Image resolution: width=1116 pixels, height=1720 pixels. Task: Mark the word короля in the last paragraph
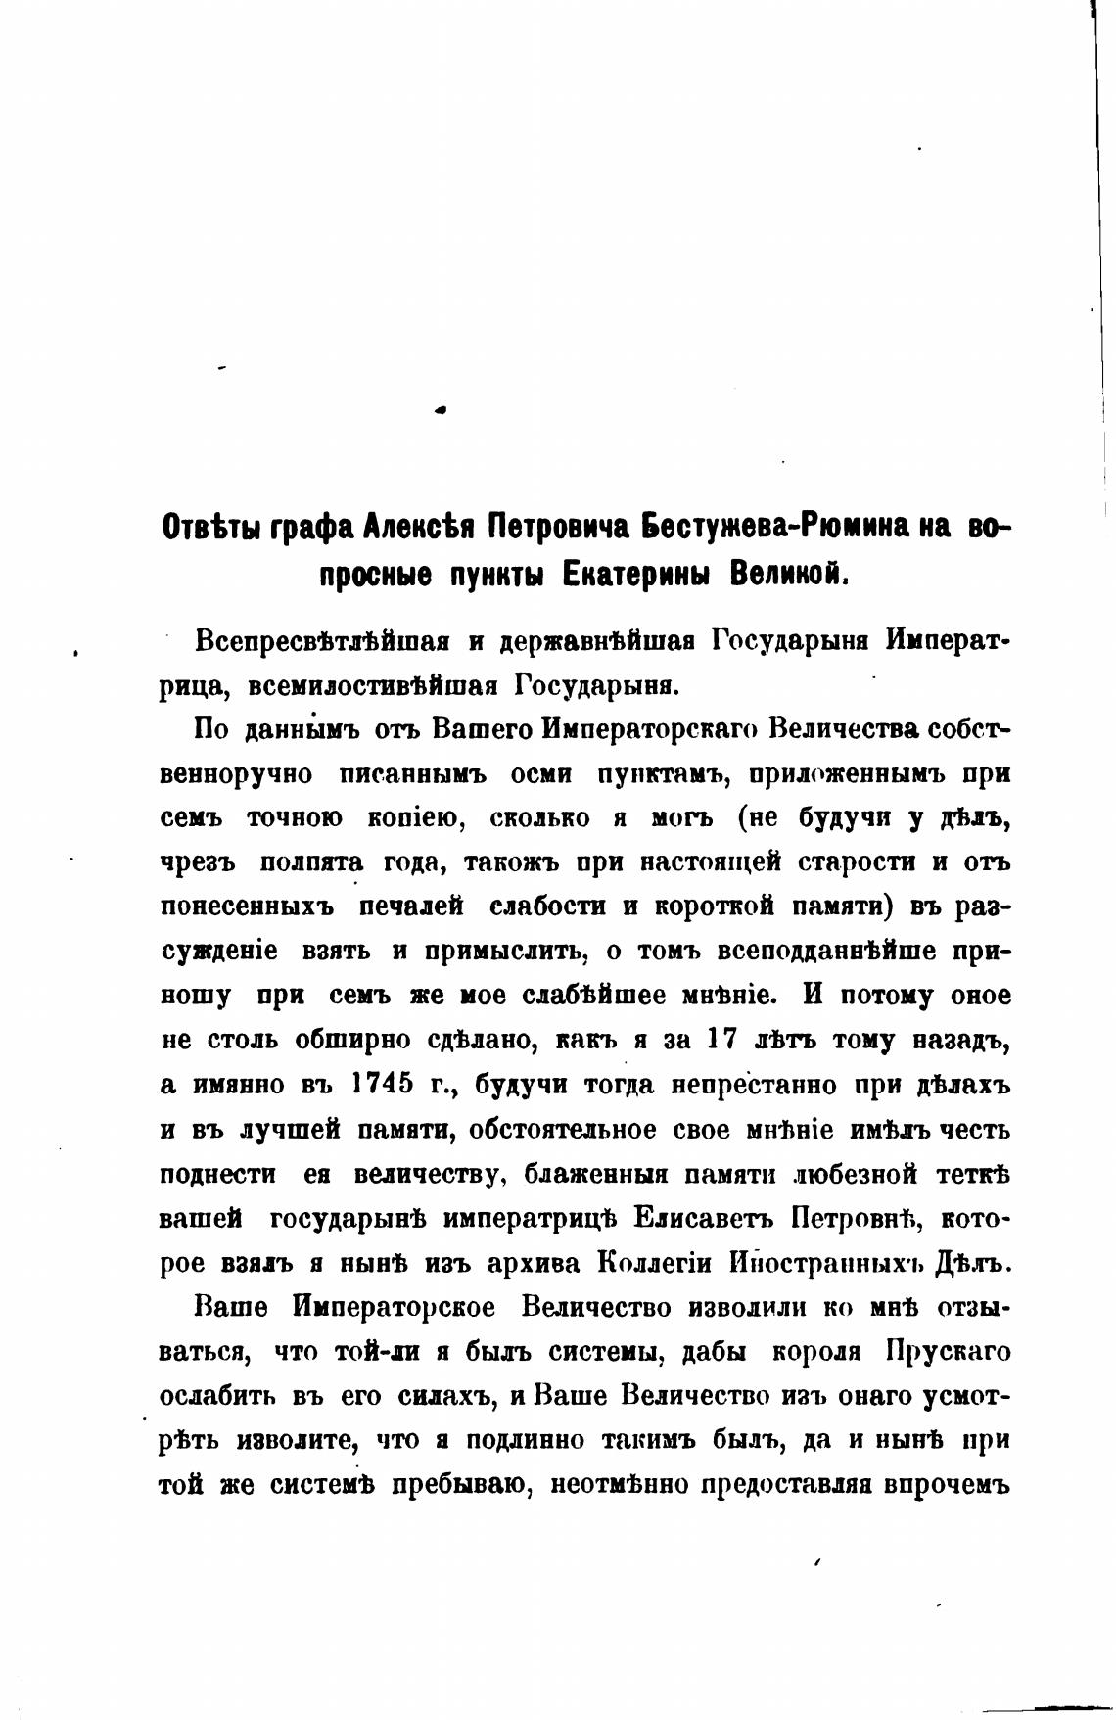[816, 1352]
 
